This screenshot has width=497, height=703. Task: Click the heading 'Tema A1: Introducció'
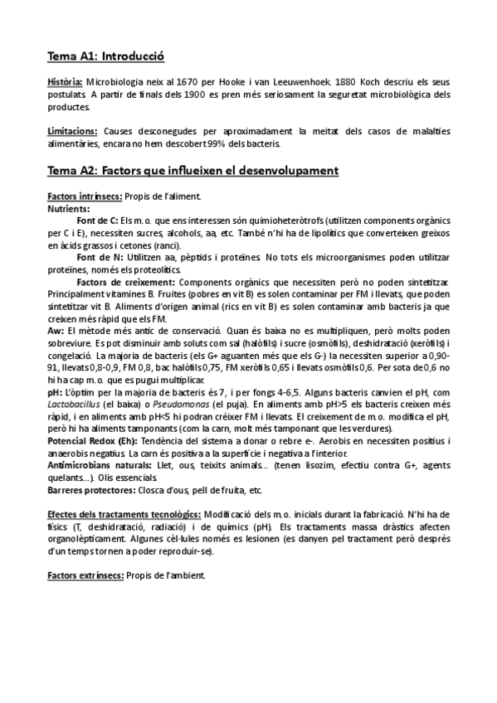click(105, 57)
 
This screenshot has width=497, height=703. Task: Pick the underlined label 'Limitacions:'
click(73, 131)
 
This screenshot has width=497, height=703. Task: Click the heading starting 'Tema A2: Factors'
click(192, 171)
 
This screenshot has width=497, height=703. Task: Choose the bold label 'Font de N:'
click(97, 258)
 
